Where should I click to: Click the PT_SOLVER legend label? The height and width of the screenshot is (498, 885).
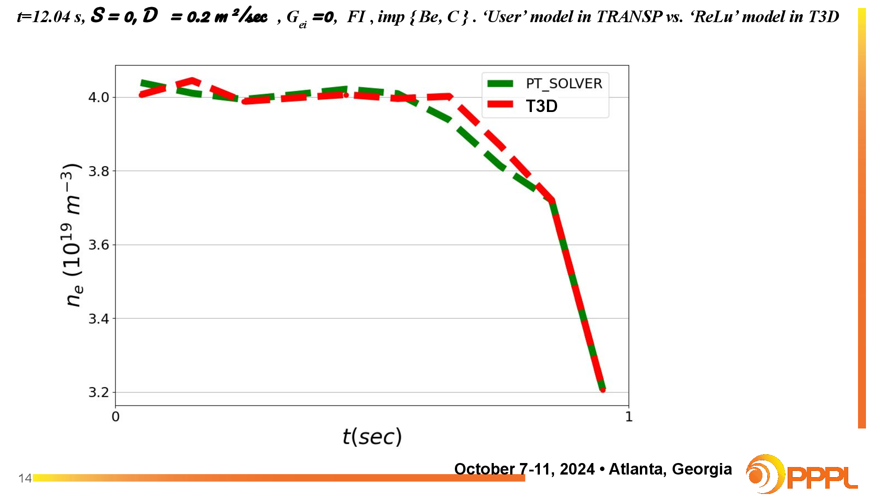click(564, 84)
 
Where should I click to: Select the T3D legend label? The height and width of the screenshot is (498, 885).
click(542, 106)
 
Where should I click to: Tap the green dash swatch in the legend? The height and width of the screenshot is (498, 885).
click(500, 84)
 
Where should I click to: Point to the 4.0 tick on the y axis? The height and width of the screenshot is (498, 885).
click(99, 97)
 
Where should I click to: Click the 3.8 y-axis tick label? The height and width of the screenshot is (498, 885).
click(99, 171)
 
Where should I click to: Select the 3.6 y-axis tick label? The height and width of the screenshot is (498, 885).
click(99, 245)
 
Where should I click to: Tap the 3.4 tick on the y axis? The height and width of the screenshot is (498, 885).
click(99, 319)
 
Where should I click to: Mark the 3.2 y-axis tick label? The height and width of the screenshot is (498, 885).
click(99, 392)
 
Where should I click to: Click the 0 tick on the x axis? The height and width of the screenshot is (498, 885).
click(115, 417)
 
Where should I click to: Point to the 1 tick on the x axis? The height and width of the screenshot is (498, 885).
click(629, 417)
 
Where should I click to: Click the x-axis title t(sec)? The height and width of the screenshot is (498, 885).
click(372, 437)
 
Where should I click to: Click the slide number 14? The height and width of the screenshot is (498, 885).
click(25, 478)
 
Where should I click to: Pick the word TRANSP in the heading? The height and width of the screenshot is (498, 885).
click(629, 17)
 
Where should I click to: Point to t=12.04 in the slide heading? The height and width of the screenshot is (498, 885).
click(44, 17)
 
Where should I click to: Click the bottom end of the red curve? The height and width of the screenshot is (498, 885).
click(603, 390)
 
